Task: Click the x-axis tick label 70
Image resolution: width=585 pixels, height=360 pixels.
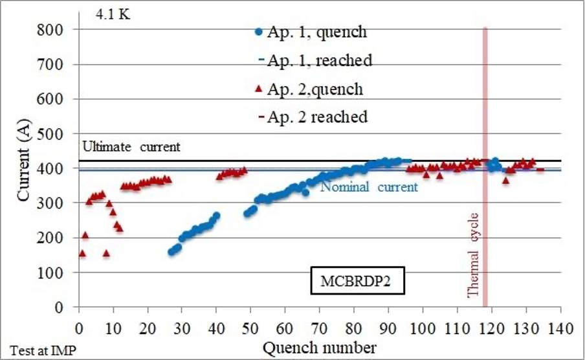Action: (320, 329)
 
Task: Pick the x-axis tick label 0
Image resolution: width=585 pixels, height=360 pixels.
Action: (79, 329)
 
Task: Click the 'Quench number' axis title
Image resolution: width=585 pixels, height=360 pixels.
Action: (320, 348)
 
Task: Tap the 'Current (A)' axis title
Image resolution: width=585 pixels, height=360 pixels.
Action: (23, 161)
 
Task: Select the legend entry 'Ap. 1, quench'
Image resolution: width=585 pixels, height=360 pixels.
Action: (311, 32)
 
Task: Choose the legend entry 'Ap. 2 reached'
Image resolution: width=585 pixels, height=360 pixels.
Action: (313, 117)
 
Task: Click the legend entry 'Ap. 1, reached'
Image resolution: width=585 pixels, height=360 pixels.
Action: (316, 60)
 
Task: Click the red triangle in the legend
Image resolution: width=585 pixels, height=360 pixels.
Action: (258, 89)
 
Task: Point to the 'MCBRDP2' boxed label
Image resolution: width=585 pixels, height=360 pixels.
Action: (357, 280)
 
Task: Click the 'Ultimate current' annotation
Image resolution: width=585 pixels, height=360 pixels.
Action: (131, 146)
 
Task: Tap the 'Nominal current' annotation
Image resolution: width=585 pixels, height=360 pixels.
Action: (369, 186)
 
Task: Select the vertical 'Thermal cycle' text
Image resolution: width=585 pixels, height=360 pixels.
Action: (472, 255)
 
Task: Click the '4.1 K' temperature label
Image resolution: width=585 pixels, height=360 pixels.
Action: (113, 14)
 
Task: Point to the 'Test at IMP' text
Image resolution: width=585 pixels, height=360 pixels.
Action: (43, 351)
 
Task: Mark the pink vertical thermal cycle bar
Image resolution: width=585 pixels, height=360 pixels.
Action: (485, 167)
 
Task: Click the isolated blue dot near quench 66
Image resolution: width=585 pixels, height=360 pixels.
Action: (305, 193)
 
